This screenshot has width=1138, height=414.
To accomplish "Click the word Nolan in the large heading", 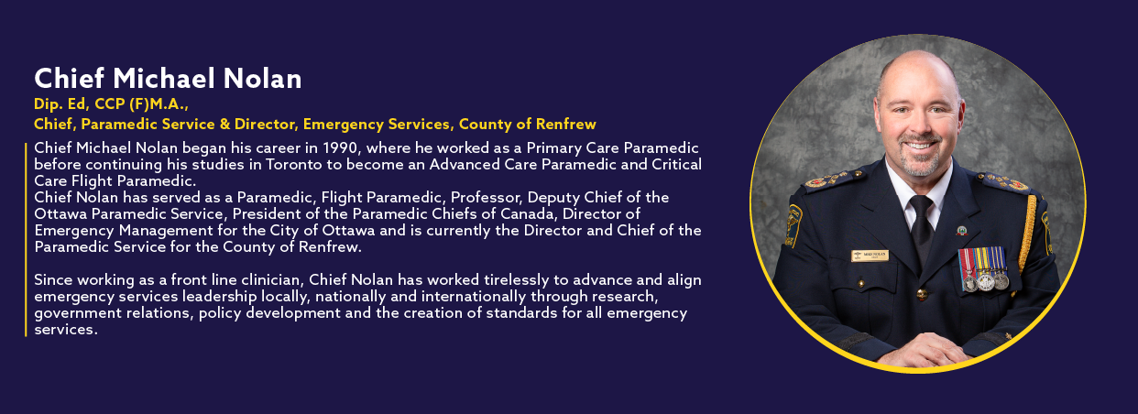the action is (x=263, y=79).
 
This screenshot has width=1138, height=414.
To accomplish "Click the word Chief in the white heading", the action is (x=69, y=79).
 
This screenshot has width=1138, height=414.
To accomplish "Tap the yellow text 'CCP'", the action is (x=110, y=104).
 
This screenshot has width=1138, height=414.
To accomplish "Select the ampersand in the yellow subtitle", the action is (x=224, y=125).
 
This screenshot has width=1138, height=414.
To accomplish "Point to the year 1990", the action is (x=340, y=147).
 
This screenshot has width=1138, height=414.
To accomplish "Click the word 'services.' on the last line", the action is (x=66, y=330).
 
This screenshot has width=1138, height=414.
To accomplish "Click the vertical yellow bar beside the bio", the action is (x=26, y=240).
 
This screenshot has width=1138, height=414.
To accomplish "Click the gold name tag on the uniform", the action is (x=870, y=256).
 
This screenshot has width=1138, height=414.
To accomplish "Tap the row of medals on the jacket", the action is (x=983, y=269).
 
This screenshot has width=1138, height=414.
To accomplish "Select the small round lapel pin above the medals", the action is (x=961, y=231).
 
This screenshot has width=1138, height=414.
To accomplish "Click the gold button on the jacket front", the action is (x=922, y=294).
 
